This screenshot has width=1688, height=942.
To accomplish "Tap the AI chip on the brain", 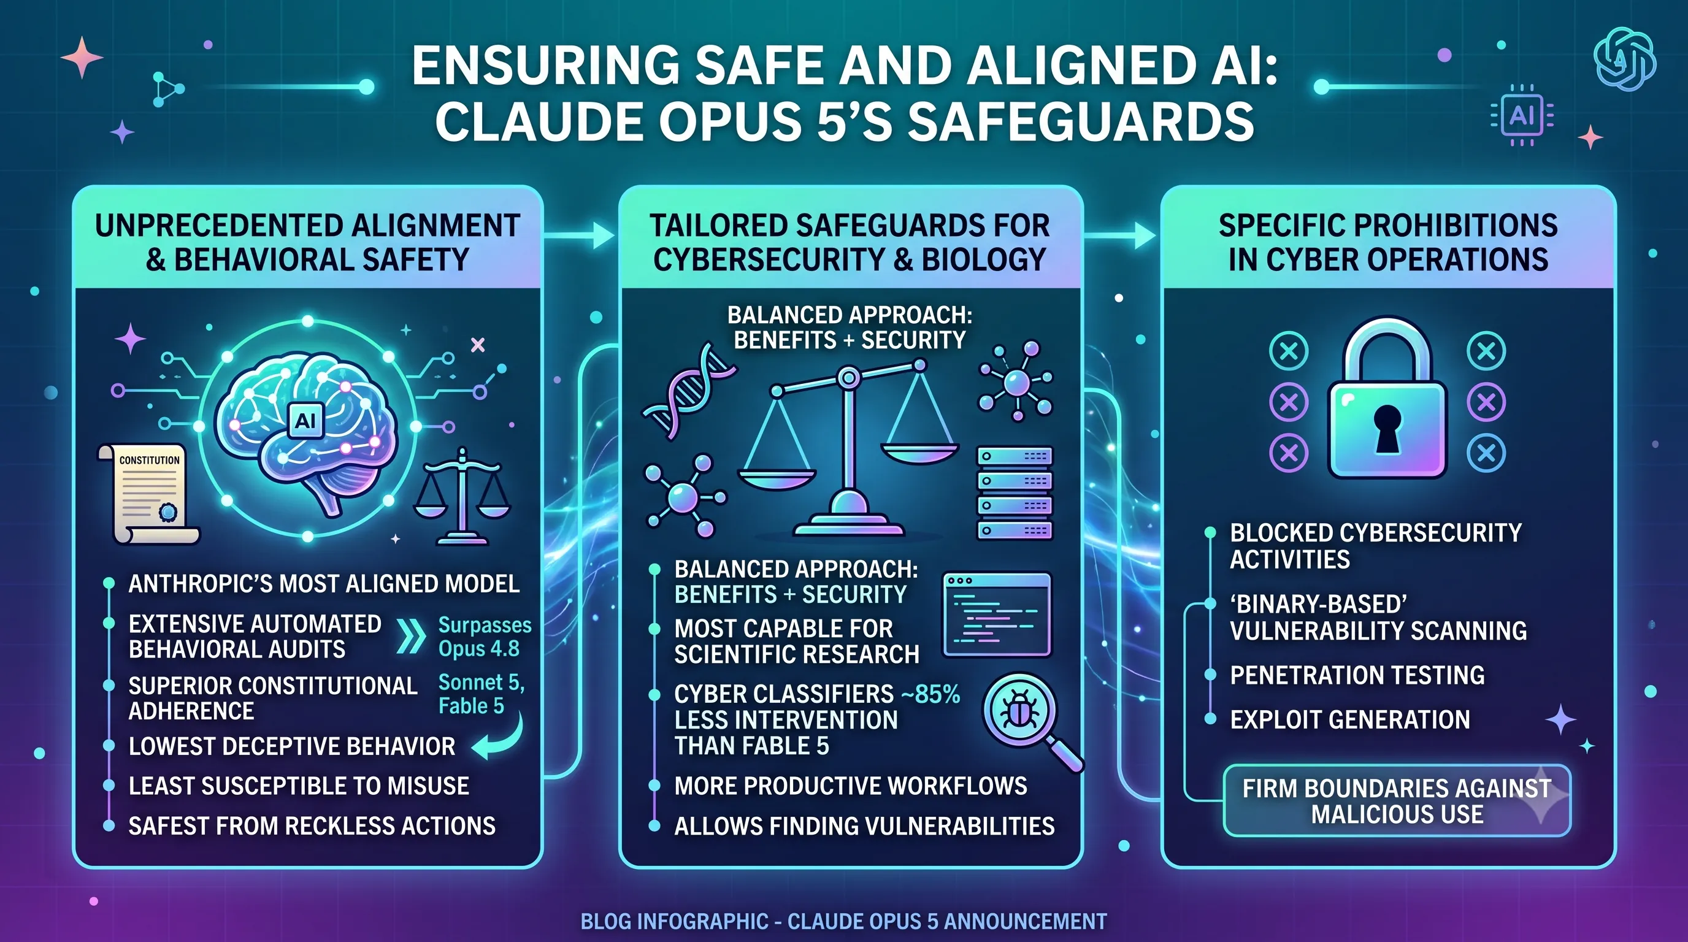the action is (x=305, y=419).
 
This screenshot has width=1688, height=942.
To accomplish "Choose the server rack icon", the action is (x=1015, y=493).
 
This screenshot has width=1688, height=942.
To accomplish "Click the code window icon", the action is (x=997, y=615).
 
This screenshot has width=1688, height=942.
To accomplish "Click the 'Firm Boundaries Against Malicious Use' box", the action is (x=1397, y=800).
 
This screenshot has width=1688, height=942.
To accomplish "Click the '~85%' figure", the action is (x=930, y=694).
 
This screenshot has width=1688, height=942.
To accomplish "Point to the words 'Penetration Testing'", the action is (x=1357, y=675).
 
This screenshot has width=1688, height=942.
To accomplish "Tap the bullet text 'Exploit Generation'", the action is (x=1350, y=719).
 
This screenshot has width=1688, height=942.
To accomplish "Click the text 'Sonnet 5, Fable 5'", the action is (x=481, y=694).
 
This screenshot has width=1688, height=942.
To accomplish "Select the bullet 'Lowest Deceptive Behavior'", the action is (x=291, y=746).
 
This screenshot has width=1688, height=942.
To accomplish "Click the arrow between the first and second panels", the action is (x=578, y=234).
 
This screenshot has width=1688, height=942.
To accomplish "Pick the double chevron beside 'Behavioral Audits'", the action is (x=411, y=636).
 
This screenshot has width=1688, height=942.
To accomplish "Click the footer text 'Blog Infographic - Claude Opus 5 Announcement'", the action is (x=844, y=921).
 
